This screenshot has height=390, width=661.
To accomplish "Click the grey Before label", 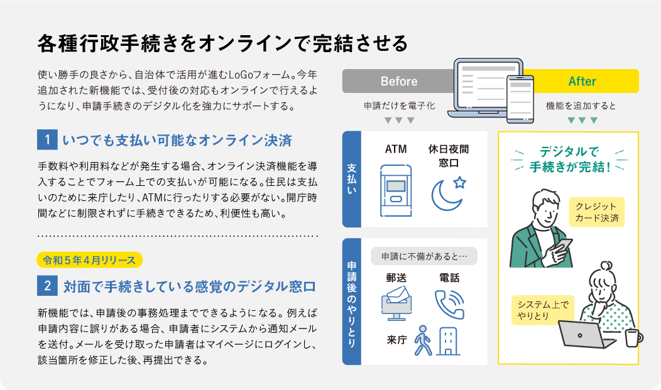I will [398, 82].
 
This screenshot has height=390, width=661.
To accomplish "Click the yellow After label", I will [582, 82].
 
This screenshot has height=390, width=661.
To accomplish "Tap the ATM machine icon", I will [396, 190].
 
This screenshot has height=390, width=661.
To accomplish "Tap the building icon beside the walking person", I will [448, 341].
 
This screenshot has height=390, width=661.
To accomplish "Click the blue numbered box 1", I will [47, 139].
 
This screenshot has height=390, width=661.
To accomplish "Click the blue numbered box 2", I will [47, 287].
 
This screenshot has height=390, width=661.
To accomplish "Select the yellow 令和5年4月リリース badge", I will [90, 258].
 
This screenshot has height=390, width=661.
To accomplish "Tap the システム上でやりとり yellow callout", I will [542, 310].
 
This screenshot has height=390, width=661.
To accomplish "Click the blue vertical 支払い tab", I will [352, 180].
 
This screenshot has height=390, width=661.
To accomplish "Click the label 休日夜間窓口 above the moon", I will [449, 156].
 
